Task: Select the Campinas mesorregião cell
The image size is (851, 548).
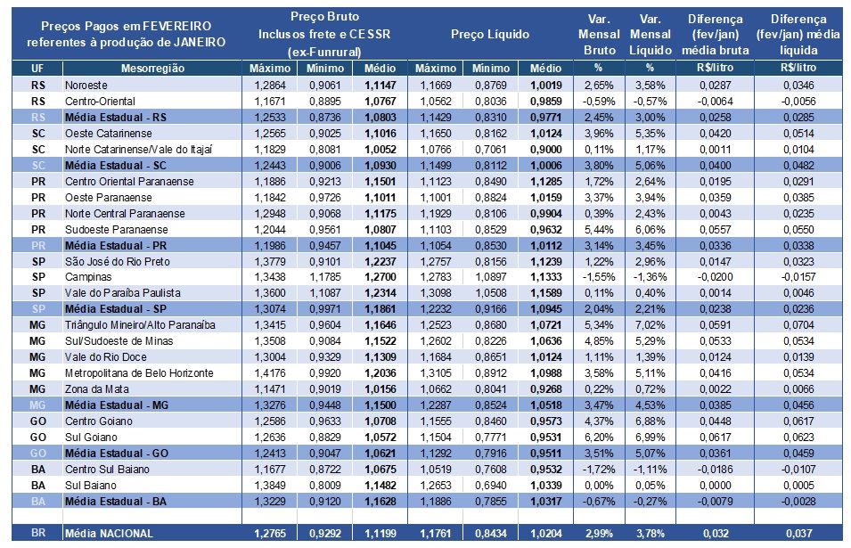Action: click(86, 277)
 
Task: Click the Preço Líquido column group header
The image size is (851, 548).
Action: click(490, 34)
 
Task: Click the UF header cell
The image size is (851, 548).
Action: click(38, 68)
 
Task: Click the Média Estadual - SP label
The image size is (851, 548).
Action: click(114, 309)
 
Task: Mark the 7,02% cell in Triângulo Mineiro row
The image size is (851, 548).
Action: click(650, 325)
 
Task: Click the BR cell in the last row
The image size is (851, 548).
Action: click(38, 534)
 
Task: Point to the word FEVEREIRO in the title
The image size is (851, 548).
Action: click(179, 26)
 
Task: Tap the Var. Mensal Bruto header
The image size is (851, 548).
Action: click(599, 35)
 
